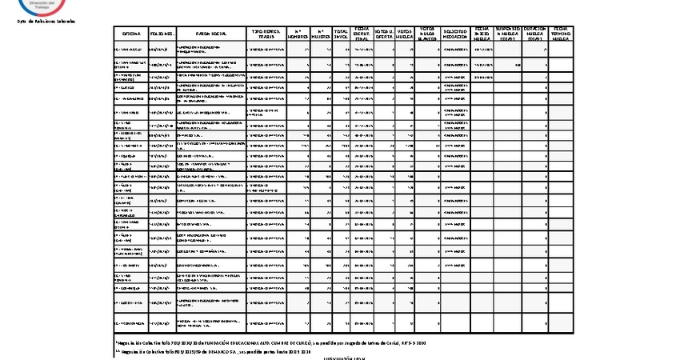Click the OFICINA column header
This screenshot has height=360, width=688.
pos(131,34)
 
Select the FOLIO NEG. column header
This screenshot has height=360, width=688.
pos(162,34)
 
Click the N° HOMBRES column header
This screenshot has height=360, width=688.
pos(297,34)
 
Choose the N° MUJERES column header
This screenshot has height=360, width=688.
pos(320,34)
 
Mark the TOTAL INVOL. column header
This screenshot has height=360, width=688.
pos(341,34)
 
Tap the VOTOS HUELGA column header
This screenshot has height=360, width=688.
pos(405,34)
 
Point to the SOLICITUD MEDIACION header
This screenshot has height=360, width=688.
pos(456,34)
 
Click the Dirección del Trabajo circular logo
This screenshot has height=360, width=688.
pos(45,6)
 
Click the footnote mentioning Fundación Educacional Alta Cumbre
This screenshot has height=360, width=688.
pos(270,342)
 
